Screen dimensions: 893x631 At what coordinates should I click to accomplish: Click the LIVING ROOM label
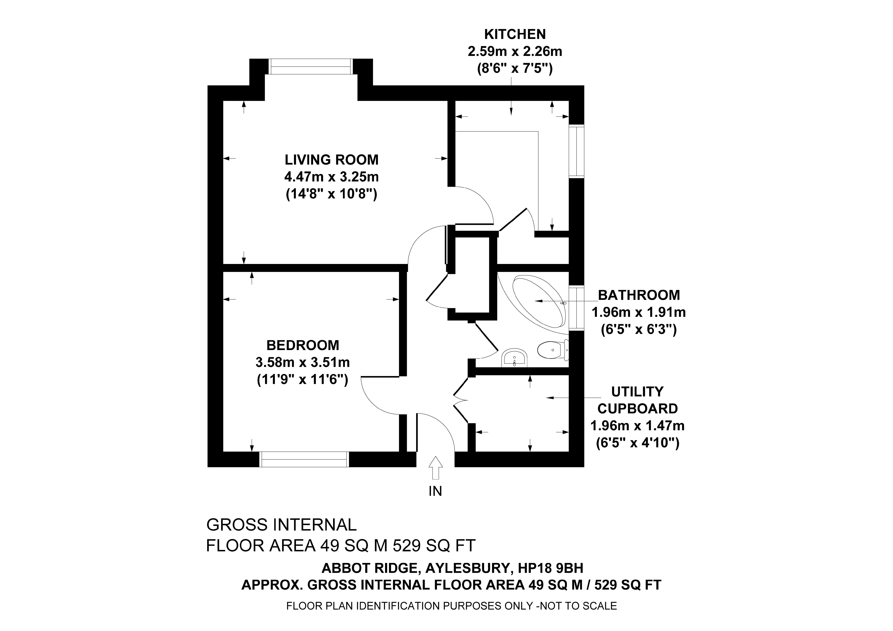pos(331,160)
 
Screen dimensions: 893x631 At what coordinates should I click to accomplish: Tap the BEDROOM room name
pos(303,345)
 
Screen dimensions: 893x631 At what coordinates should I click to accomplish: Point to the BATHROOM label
pos(639,295)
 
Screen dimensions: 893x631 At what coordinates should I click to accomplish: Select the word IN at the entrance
pos(435,491)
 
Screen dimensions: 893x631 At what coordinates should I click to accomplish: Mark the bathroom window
pos(576,308)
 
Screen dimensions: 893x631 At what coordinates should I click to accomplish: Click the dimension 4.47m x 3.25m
pos(331,177)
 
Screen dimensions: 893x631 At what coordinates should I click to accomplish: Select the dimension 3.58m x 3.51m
pos(303,363)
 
